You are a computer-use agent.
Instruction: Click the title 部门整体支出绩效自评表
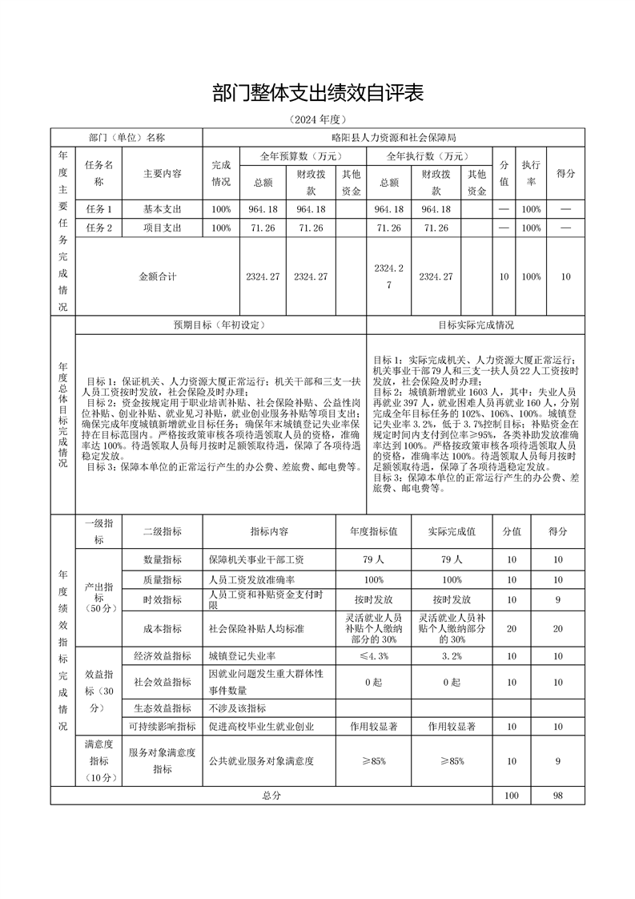[x=317, y=93]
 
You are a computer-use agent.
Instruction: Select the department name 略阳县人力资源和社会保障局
[x=393, y=138]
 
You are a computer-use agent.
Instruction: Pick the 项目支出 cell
[x=163, y=228]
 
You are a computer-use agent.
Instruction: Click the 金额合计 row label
[x=158, y=276]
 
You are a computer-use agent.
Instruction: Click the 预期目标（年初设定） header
[x=220, y=325]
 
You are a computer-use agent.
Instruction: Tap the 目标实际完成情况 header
[x=476, y=325]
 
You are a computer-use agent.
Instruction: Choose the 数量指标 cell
[x=163, y=559]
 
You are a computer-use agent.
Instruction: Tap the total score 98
[x=557, y=796]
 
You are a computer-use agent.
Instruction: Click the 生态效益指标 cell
[x=163, y=708]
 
